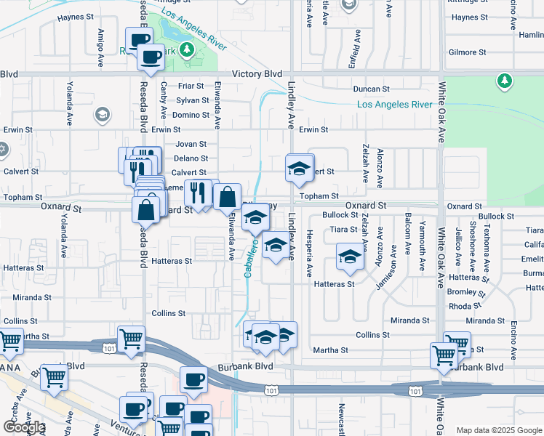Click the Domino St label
(x=191, y=115)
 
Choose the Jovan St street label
(x=191, y=144)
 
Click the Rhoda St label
(x=460, y=306)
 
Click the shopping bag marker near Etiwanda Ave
(x=227, y=196)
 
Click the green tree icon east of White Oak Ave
(x=504, y=80)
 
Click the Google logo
(x=23, y=427)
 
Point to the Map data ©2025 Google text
(x=499, y=430)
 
